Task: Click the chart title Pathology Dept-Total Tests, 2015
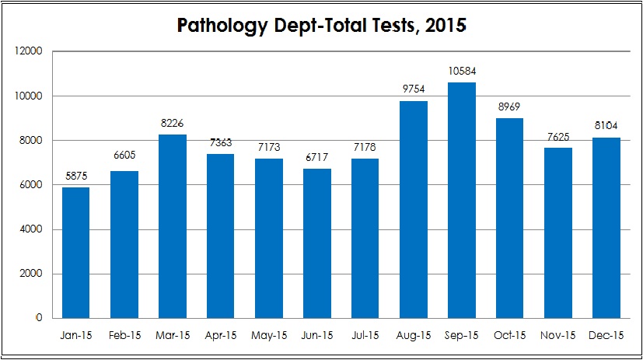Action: pyautogui.click(x=322, y=26)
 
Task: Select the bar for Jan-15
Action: pyautogui.click(x=76, y=253)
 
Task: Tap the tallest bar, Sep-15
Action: pyautogui.click(x=462, y=200)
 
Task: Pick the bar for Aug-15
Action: pyautogui.click(x=414, y=209)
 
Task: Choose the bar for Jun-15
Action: pyautogui.click(x=317, y=243)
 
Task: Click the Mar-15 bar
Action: pyautogui.click(x=173, y=226)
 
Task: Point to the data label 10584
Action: pyautogui.click(x=462, y=71)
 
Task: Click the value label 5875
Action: pyautogui.click(x=76, y=176)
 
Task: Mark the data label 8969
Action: pyautogui.click(x=509, y=107)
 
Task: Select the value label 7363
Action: pyautogui.click(x=221, y=142)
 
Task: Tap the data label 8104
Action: pyautogui.click(x=606, y=125)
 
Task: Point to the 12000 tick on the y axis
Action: pyautogui.click(x=28, y=51)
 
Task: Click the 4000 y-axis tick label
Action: pyautogui.click(x=31, y=229)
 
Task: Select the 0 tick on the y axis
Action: pyautogui.click(x=39, y=318)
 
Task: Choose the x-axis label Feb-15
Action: pyautogui.click(x=124, y=335)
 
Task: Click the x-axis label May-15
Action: pyautogui.click(x=269, y=335)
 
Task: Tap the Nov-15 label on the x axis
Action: pyautogui.click(x=557, y=335)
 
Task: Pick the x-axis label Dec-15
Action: pyautogui.click(x=606, y=335)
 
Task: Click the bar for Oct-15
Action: pyautogui.click(x=510, y=218)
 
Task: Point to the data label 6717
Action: pyautogui.click(x=317, y=157)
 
